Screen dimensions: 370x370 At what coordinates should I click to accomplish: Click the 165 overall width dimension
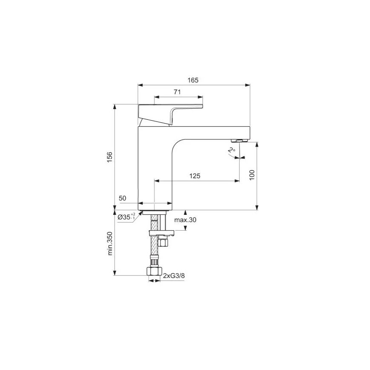[194, 80]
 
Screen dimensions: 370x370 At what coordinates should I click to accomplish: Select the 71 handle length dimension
[178, 92]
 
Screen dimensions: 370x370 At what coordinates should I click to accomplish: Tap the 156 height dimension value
[109, 157]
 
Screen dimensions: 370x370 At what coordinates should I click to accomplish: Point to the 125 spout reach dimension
[195, 176]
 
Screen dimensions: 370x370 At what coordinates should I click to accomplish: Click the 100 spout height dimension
[252, 174]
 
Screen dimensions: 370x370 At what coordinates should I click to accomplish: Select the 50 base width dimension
[122, 198]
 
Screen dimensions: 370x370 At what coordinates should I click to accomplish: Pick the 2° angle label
[231, 150]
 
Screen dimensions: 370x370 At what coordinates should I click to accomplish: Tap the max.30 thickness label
[185, 220]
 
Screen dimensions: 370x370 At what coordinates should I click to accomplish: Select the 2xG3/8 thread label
[174, 276]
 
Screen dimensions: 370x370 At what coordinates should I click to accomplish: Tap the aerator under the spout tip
[239, 140]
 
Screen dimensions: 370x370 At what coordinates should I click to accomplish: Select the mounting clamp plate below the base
[161, 233]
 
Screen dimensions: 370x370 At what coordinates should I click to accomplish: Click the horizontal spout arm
[213, 132]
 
